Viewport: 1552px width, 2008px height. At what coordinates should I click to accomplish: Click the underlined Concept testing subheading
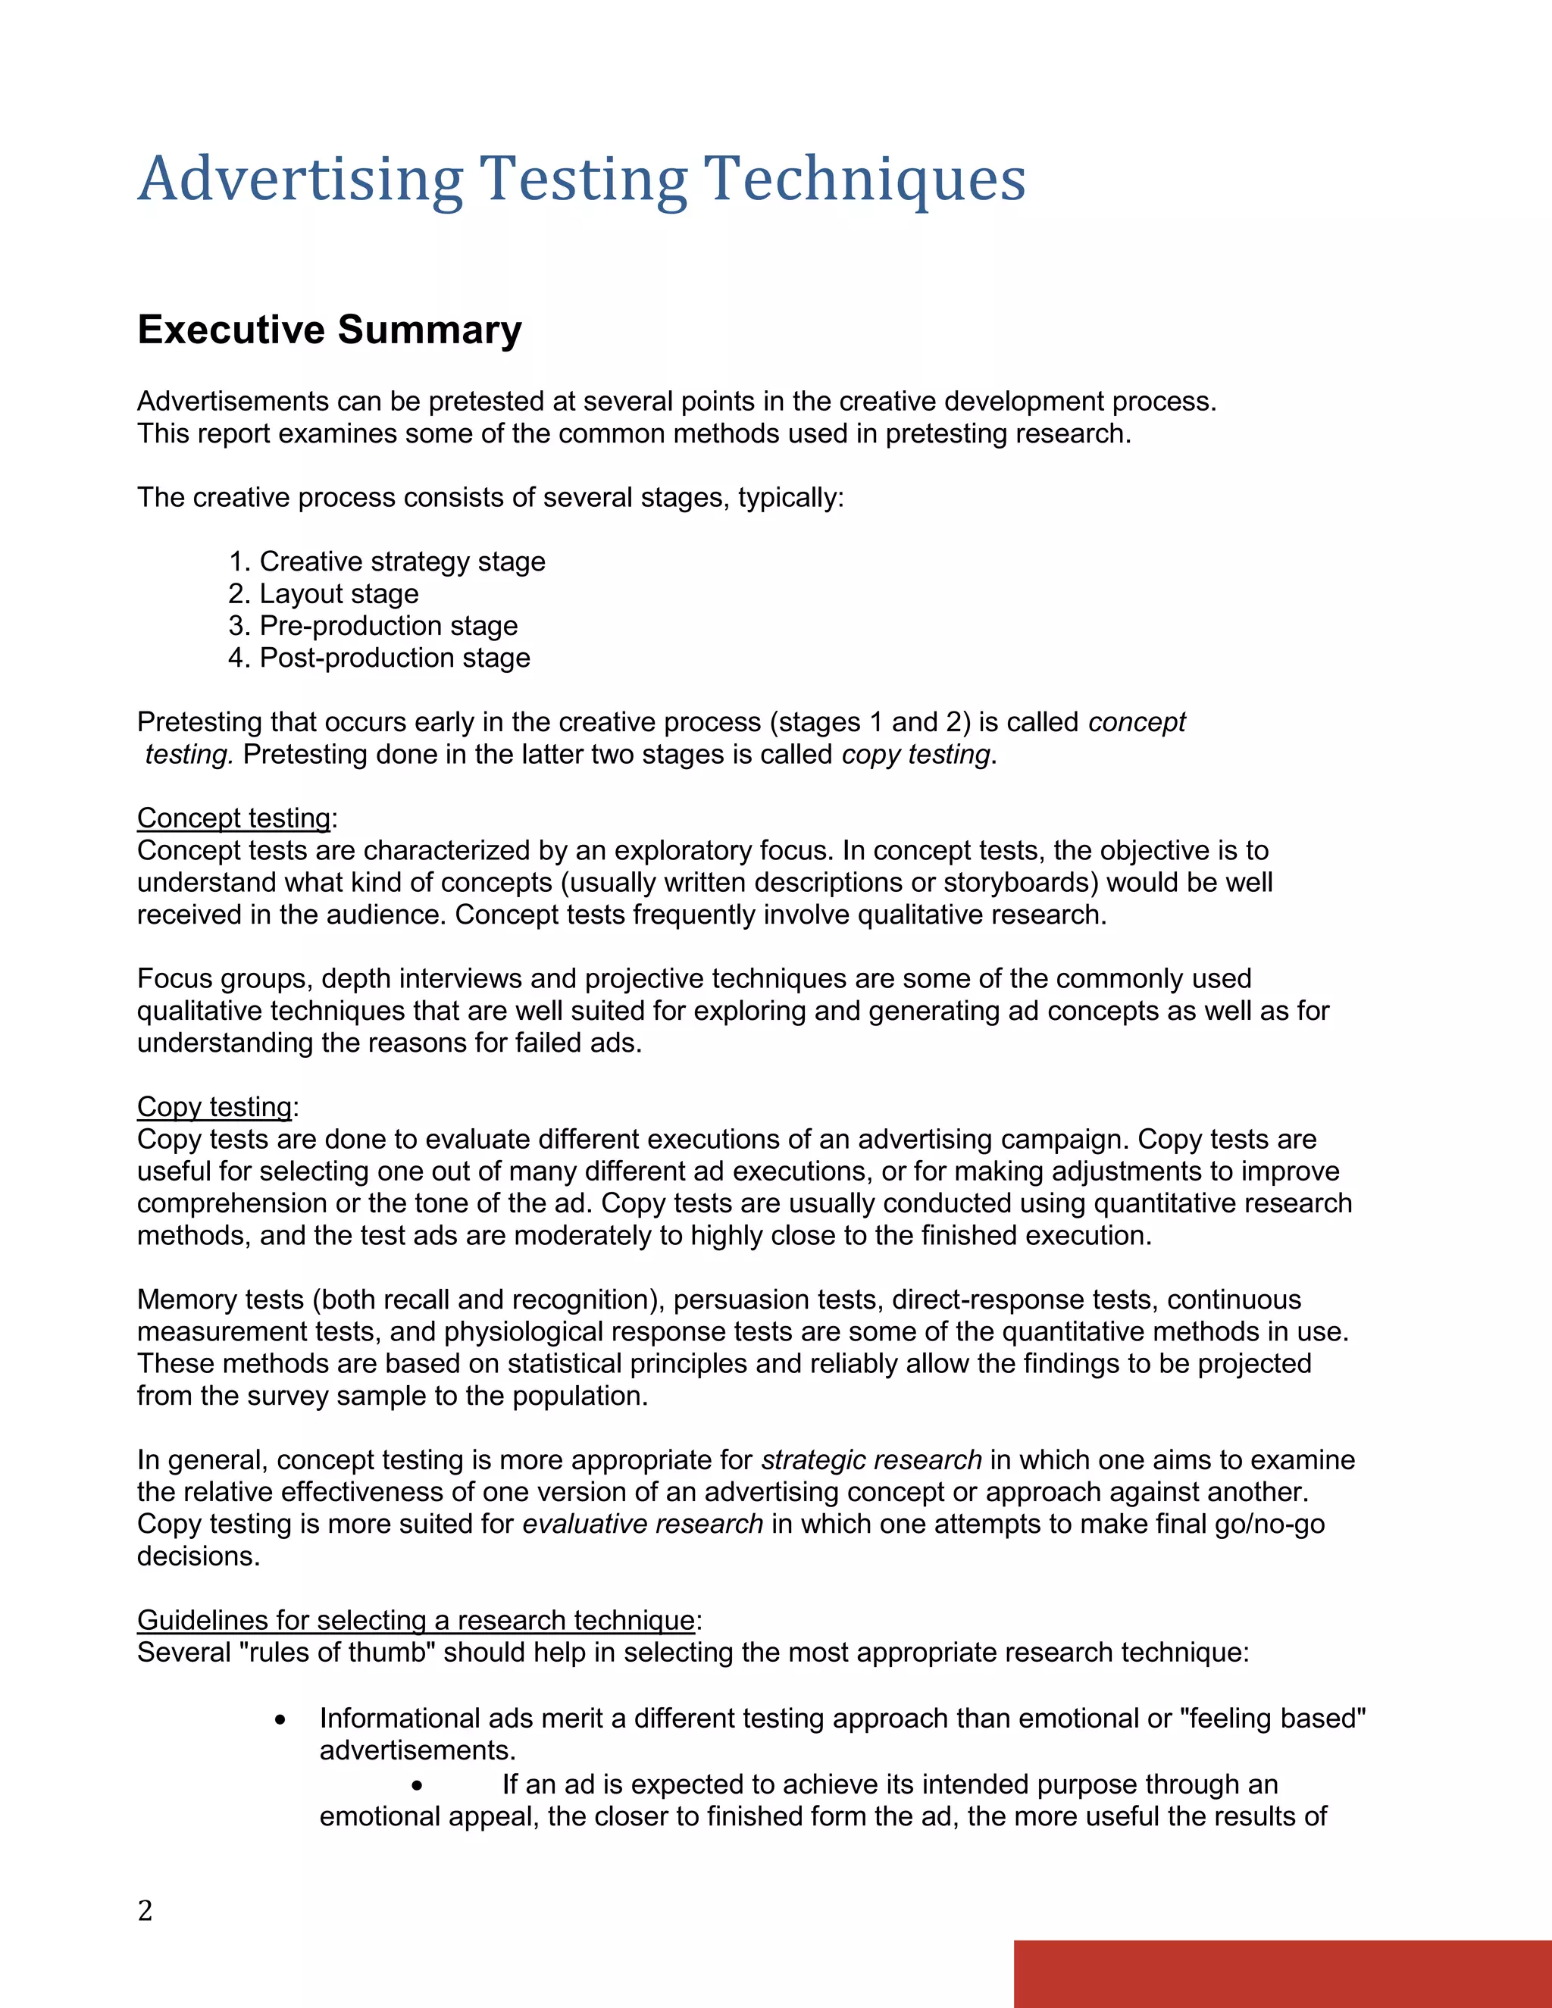(233, 818)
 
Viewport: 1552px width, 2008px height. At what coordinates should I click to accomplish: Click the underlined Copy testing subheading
(214, 1106)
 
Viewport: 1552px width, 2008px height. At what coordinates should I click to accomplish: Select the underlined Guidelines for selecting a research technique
(415, 1619)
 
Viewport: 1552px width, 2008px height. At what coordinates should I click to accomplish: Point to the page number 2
(145, 1910)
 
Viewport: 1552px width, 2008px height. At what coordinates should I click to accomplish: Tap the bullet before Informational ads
(280, 1719)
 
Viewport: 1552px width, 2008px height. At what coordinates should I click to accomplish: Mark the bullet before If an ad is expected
(418, 1785)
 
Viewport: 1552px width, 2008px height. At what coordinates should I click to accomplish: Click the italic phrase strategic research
(871, 1460)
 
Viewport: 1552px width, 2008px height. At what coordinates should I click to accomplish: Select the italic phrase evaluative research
(643, 1524)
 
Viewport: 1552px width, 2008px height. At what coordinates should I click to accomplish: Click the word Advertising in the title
(300, 180)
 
